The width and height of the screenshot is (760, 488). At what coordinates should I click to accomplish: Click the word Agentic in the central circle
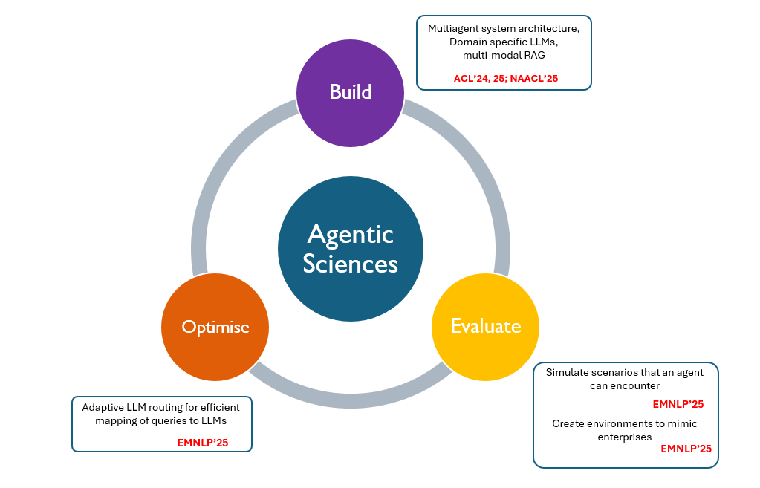tap(351, 235)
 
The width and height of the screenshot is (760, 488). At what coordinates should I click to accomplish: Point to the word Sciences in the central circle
tap(351, 264)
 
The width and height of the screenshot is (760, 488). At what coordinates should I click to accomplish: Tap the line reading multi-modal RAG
tap(504, 55)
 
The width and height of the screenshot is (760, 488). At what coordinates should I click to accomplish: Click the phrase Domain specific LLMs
tap(504, 42)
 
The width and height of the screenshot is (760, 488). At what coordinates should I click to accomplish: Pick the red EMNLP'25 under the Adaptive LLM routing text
tap(202, 443)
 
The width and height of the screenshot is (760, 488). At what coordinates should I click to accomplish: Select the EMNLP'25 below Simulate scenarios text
tap(678, 404)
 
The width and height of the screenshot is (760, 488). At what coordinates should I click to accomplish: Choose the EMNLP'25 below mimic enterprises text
tap(686, 449)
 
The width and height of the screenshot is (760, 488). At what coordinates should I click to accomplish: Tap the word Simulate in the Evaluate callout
tap(568, 372)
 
